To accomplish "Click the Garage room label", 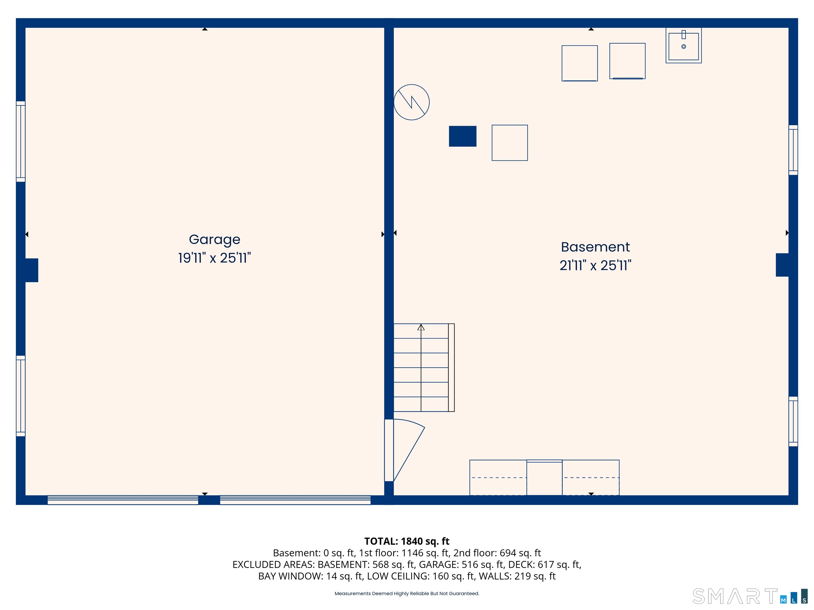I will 215,239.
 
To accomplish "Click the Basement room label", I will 595,247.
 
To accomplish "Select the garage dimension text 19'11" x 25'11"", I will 215,258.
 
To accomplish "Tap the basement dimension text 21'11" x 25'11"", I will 595,266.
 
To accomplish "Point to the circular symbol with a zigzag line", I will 412,102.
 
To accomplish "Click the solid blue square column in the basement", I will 463,136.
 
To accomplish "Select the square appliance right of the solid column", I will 510,143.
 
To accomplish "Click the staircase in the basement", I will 421,368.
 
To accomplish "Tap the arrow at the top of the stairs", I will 421,327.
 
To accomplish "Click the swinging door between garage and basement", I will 405,450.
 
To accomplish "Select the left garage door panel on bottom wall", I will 123,500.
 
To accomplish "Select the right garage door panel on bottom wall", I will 295,500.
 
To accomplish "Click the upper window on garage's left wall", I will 21,142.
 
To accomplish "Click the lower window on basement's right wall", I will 793,421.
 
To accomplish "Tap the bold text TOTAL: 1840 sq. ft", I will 407,541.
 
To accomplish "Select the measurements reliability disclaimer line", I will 407,594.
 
